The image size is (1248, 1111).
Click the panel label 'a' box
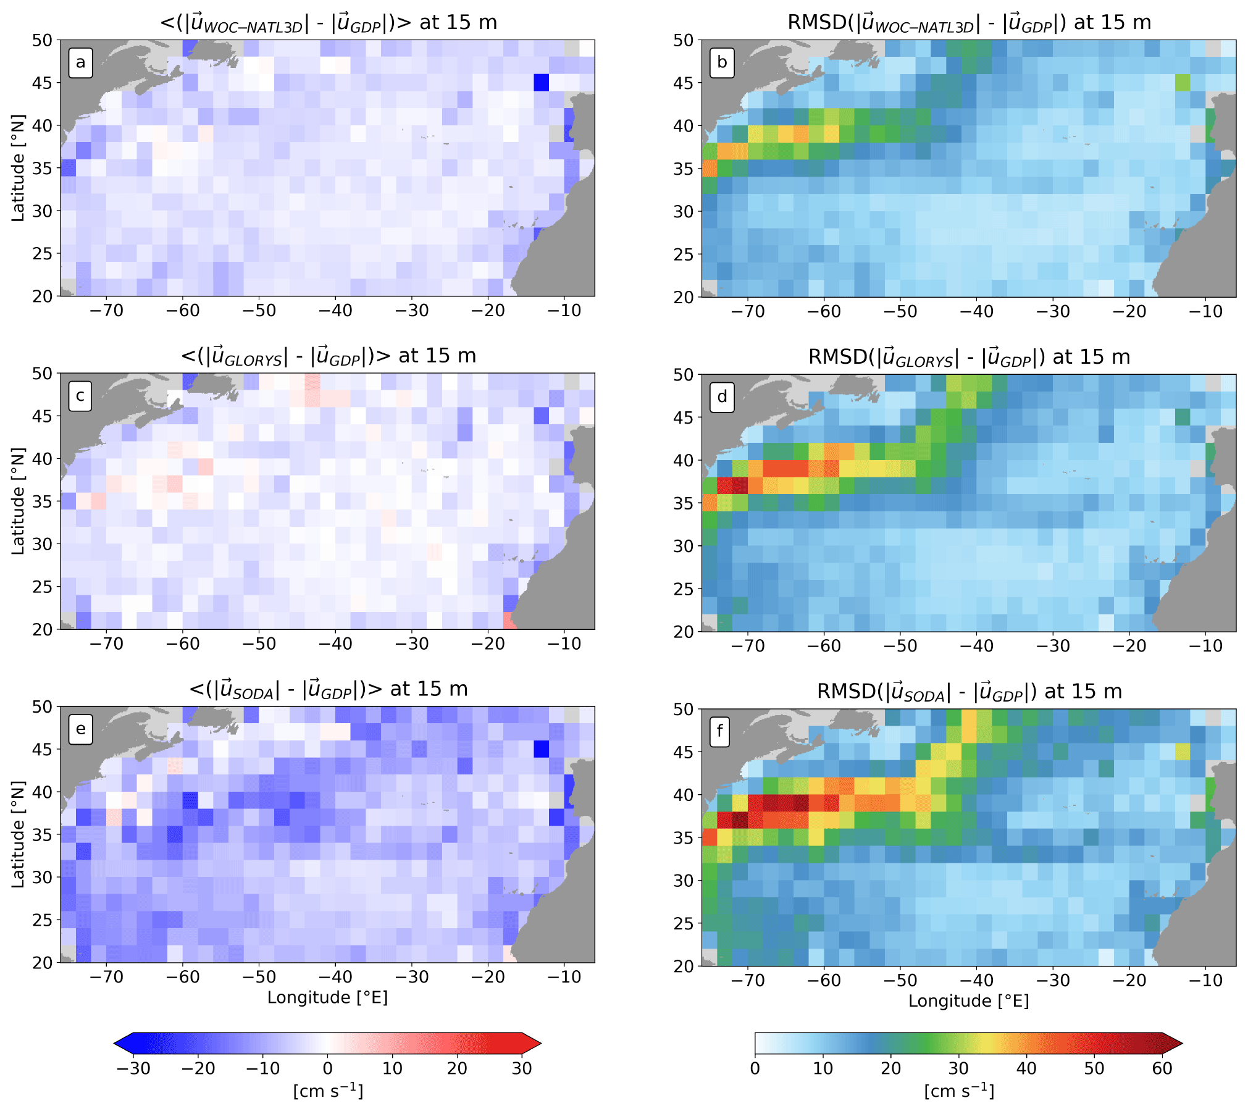click(80, 63)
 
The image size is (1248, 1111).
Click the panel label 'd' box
click(722, 396)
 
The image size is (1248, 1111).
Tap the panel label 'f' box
click(720, 732)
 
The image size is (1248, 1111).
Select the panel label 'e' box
click(80, 729)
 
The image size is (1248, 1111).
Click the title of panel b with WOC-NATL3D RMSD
click(969, 23)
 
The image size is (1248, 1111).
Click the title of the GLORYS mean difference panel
click(328, 356)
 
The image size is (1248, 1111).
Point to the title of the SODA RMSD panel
click(969, 692)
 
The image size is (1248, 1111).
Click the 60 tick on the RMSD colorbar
click(1162, 1068)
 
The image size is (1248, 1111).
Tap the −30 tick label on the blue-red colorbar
click(133, 1068)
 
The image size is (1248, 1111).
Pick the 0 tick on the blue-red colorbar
click(328, 1068)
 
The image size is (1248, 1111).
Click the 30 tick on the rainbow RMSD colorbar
click(958, 1068)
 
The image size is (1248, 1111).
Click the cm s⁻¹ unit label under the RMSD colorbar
click(959, 1091)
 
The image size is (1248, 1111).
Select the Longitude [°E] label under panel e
click(327, 997)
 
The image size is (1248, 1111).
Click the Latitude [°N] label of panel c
click(18, 501)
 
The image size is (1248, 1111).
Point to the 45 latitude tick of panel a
click(42, 83)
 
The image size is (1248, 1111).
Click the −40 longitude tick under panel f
click(976, 981)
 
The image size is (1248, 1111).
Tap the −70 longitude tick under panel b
click(748, 311)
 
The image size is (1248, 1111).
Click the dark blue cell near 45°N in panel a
click(542, 82)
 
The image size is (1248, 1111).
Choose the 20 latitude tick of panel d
click(684, 632)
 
